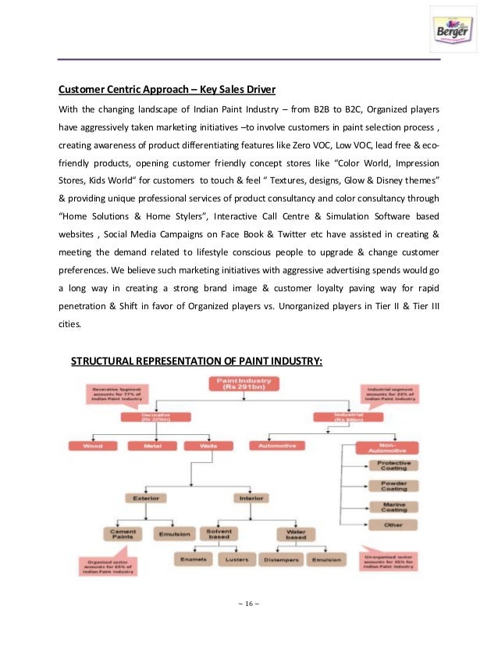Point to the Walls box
pyautogui.click(x=204, y=446)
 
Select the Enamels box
pyautogui.click(x=193, y=560)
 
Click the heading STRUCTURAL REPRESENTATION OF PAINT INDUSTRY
pyautogui.click(x=197, y=360)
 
